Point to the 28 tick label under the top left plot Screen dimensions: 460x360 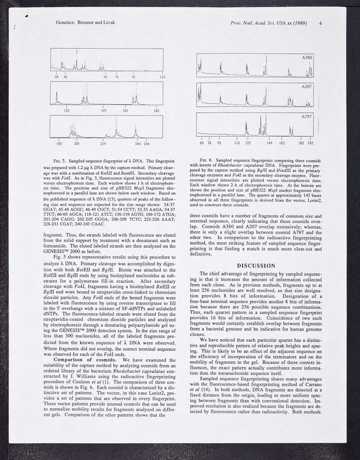[57, 76]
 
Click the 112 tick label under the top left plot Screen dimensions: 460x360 [163, 76]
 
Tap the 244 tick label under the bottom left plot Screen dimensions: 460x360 [147, 143]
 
